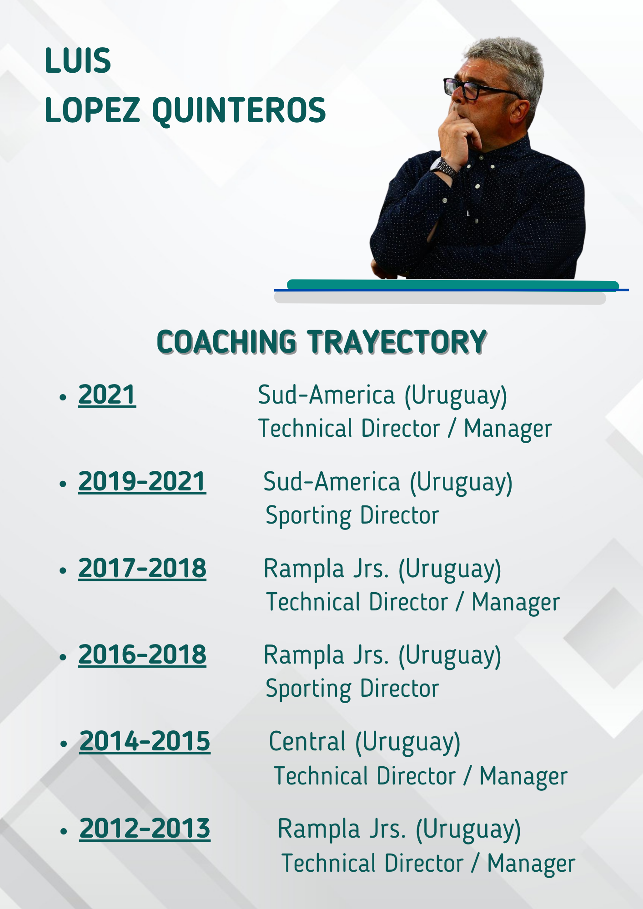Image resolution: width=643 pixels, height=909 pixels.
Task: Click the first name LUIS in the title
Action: pyautogui.click(x=78, y=61)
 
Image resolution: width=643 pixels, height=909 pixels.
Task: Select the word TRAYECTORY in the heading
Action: pyautogui.click(x=397, y=342)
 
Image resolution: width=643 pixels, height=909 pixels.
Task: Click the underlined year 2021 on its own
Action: pyautogui.click(x=107, y=395)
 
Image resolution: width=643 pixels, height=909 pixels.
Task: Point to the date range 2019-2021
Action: pyautogui.click(x=142, y=481)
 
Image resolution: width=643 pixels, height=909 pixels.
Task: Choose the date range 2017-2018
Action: pyautogui.click(x=142, y=568)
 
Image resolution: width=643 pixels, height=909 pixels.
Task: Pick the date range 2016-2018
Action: pyautogui.click(x=142, y=654)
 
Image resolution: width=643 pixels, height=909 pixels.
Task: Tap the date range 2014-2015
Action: pyautogui.click(x=145, y=742)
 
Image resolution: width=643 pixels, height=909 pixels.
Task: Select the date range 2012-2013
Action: pyautogui.click(x=145, y=829)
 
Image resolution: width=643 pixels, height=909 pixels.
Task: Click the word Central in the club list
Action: pyautogui.click(x=307, y=742)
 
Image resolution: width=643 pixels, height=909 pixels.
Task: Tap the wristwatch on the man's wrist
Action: pyautogui.click(x=444, y=167)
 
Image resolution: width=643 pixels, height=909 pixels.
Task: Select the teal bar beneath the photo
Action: pyautogui.click(x=453, y=285)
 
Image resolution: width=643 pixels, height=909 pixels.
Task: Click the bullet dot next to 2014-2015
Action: pyautogui.click(x=64, y=744)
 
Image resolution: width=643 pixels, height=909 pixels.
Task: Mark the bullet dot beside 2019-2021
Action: pyautogui.click(x=63, y=484)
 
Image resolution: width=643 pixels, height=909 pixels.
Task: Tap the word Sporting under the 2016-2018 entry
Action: pyautogui.click(x=308, y=689)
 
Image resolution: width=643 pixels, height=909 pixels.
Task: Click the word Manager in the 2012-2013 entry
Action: pyautogui.click(x=531, y=864)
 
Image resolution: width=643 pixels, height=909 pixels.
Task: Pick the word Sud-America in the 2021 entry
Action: pyautogui.click(x=326, y=395)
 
